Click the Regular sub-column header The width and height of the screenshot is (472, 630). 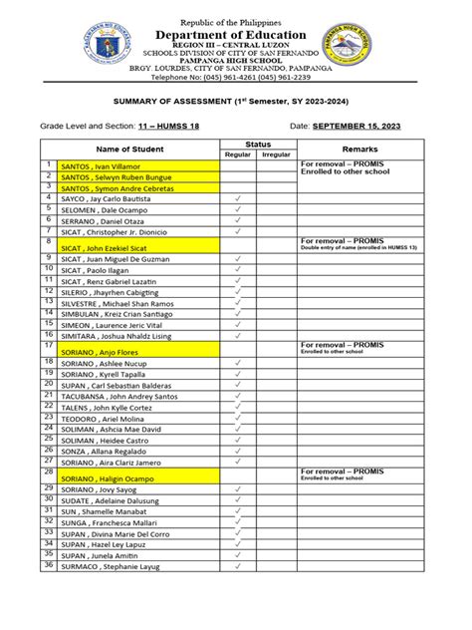(238, 155)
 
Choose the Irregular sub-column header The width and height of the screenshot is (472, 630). (275, 155)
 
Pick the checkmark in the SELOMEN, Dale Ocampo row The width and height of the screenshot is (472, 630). (238, 210)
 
